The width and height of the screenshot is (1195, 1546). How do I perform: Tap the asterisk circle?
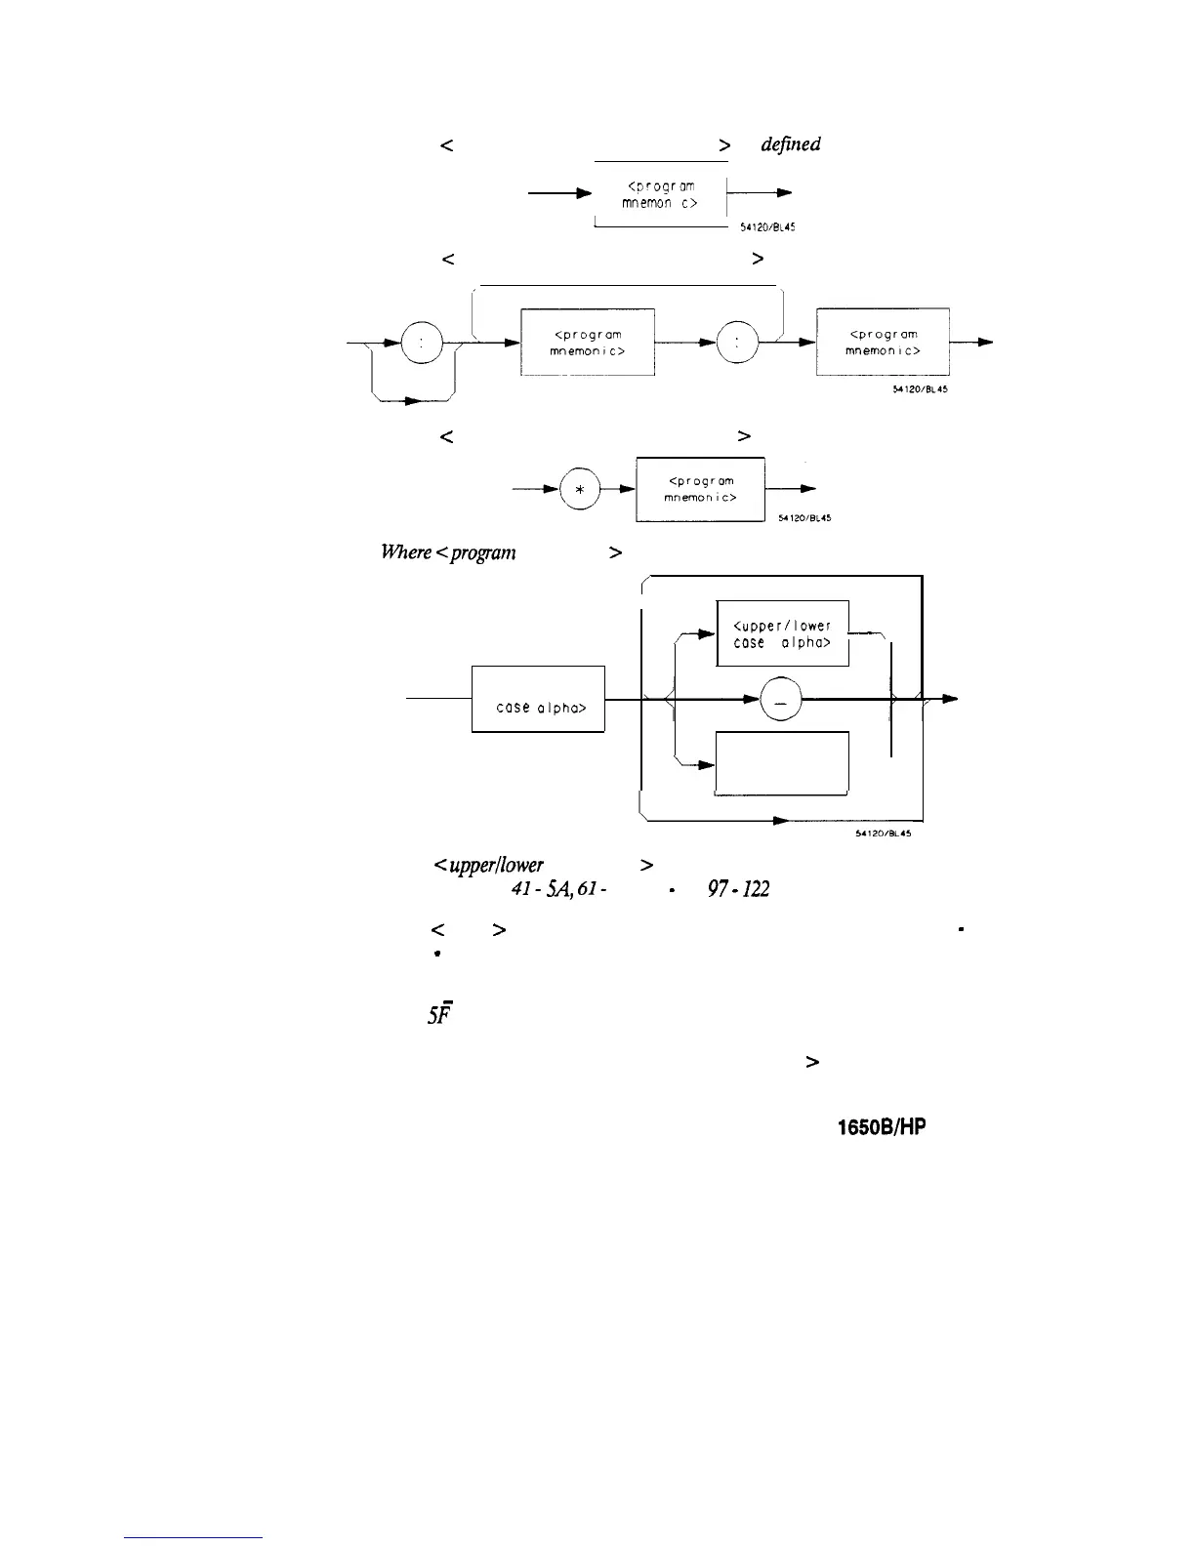(x=580, y=491)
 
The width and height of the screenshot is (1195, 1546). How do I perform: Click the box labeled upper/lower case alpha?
(x=782, y=633)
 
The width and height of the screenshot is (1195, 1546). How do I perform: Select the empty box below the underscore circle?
(x=782, y=763)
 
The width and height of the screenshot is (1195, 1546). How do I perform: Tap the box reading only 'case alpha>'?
(x=539, y=699)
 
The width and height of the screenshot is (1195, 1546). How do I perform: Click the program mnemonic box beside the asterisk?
(x=700, y=490)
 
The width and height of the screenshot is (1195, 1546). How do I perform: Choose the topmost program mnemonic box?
(x=661, y=193)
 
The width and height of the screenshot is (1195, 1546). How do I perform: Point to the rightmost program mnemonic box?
(x=883, y=342)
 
